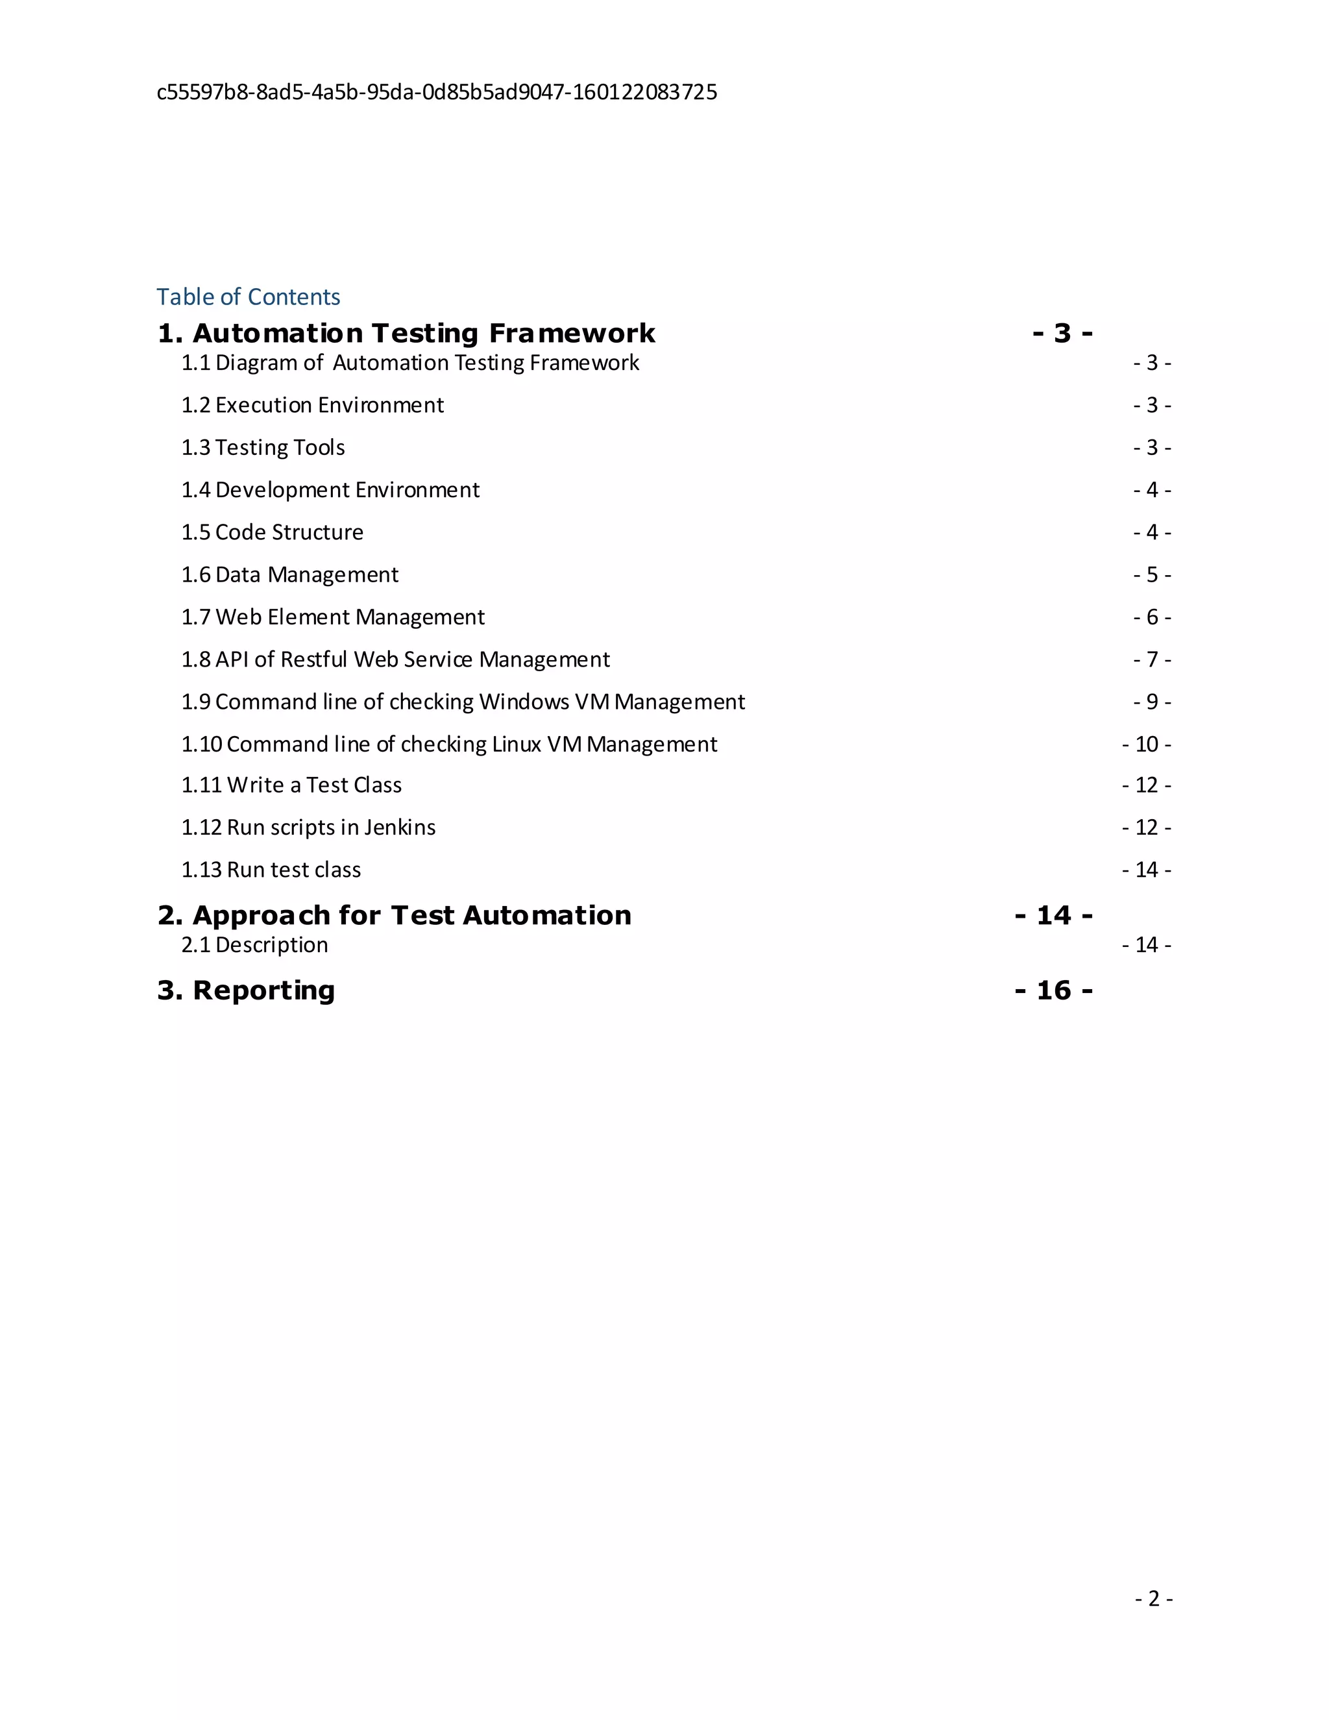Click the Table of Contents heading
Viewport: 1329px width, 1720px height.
tap(248, 297)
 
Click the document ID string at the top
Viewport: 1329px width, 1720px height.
tap(437, 92)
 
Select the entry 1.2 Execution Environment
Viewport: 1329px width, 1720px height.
tap(313, 405)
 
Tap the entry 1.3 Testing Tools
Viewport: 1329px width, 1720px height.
tap(263, 447)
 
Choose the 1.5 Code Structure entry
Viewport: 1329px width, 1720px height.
tap(273, 532)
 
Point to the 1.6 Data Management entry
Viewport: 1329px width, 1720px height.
tap(289, 575)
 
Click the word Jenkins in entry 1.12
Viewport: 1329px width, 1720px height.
tap(399, 828)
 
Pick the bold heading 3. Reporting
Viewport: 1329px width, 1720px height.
tap(247, 990)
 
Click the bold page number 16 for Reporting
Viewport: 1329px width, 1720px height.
tap(1053, 990)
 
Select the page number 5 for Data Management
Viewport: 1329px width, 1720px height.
tap(1152, 575)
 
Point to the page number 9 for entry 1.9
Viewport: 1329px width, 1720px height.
tap(1152, 702)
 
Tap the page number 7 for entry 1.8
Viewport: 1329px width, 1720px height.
tap(1152, 659)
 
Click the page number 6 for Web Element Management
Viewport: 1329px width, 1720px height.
tap(1152, 617)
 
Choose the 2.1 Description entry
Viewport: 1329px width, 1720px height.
tap(254, 945)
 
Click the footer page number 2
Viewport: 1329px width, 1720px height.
tap(1153, 1598)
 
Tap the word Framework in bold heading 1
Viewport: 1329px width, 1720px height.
tap(572, 334)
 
